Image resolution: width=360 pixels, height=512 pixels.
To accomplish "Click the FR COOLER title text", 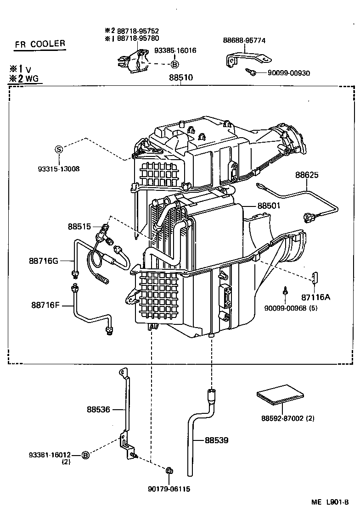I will coord(39,45).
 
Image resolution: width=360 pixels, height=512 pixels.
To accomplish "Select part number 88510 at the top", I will coord(181,78).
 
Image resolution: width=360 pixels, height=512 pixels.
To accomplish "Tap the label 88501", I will coord(269,206).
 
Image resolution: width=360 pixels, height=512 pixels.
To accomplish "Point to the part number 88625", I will coord(307,175).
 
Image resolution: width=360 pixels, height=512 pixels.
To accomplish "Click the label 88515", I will coord(79,226).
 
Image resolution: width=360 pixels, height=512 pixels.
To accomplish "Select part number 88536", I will coord(98,409).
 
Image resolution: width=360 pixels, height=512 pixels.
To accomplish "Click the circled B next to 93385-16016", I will coord(175,65).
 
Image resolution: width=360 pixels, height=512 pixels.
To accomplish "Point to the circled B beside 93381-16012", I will coord(85,455).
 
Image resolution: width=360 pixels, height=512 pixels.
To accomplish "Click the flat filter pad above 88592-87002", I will coord(280,394).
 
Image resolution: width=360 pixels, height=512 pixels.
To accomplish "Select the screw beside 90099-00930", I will coord(251,72).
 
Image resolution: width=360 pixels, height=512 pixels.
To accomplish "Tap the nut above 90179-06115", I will coord(169,470).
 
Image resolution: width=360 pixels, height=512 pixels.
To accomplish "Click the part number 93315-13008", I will coord(58,168).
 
